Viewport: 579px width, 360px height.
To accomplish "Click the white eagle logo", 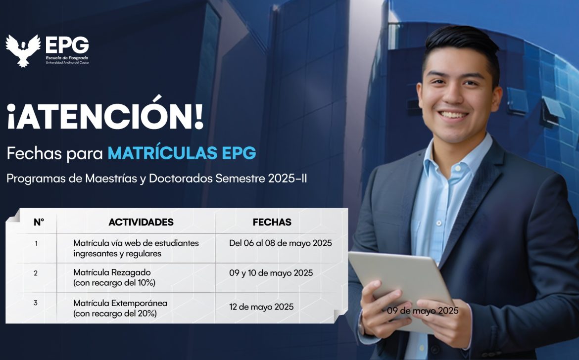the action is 23,50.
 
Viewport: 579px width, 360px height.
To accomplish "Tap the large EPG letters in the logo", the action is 67,45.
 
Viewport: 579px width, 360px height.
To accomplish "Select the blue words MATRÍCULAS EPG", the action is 182,153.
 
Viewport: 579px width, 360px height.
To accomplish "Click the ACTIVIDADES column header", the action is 141,222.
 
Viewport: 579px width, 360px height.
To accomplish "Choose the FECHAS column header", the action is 272,222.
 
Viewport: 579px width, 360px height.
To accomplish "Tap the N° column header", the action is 39,222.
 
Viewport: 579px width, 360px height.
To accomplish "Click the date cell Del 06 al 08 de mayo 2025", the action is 281,243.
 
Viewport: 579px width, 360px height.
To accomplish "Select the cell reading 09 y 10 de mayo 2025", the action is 271,273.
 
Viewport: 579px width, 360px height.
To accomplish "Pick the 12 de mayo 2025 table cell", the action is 261,307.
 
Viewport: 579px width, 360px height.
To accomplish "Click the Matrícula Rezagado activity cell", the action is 114,277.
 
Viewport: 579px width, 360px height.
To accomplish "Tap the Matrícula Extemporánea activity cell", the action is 120,309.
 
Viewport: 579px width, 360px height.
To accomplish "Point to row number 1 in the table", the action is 36,243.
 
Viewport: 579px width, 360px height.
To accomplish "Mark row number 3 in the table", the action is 36,303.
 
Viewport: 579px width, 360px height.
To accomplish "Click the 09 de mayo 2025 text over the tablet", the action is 423,311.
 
